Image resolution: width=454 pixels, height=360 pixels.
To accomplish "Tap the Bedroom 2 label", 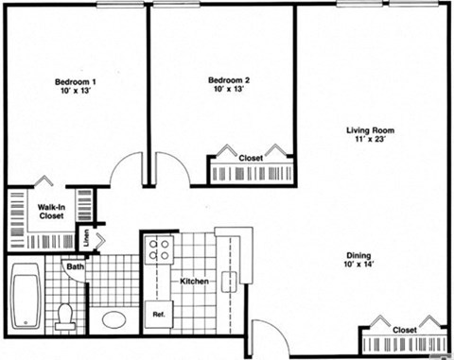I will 227,83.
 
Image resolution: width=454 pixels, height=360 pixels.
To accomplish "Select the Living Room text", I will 369,130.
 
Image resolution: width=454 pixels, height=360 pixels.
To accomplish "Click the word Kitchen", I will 194,281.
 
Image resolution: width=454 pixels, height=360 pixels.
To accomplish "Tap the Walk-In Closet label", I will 50,211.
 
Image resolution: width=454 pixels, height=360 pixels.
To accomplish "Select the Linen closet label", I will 86,239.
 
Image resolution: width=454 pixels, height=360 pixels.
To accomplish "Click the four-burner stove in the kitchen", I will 158,249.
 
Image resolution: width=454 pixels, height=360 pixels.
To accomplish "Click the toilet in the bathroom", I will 64,314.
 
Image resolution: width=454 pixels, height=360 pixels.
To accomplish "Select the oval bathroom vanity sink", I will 114,318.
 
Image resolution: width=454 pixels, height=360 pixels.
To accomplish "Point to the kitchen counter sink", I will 227,281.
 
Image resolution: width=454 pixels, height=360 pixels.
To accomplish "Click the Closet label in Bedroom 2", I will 251,158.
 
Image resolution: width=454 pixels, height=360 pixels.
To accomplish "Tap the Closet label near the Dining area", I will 405,330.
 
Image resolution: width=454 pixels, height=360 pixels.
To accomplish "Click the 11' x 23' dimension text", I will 369,140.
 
